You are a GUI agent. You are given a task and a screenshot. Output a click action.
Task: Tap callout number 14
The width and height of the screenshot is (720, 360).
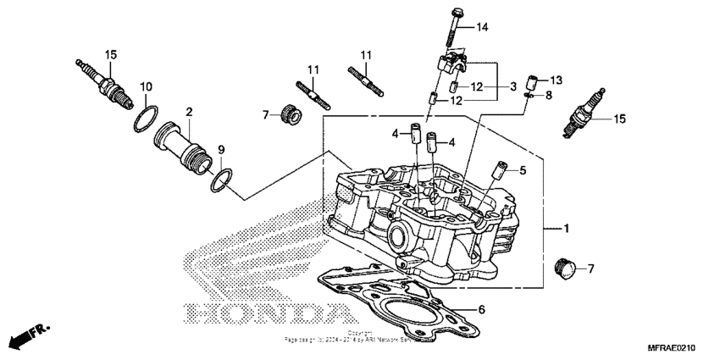(x=482, y=28)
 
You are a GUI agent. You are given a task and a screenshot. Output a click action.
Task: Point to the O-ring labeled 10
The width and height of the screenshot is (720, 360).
(x=145, y=118)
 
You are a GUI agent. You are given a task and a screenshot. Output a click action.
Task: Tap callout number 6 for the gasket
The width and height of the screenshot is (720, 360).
(x=482, y=310)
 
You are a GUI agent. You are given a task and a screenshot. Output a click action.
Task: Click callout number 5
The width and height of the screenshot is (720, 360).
(x=523, y=170)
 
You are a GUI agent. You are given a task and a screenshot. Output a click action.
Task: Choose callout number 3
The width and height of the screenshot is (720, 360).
(x=512, y=86)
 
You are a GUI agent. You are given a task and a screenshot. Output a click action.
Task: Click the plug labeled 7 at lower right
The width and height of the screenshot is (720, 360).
(x=563, y=269)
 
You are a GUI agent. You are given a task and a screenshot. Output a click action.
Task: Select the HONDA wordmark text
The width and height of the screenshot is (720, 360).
(x=268, y=313)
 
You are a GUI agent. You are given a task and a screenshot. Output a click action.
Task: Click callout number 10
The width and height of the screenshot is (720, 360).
(x=146, y=86)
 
